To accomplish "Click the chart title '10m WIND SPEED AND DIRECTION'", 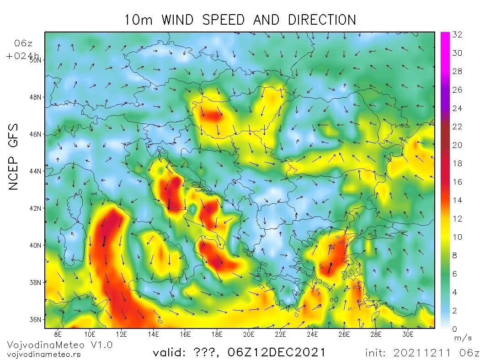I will (240, 20).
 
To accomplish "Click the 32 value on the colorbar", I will (457, 35).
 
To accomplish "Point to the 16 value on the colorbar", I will (457, 182).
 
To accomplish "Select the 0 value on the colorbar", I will (454, 329).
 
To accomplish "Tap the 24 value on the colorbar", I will (457, 108).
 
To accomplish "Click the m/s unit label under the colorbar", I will (459, 338).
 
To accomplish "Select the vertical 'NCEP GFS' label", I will (14, 156).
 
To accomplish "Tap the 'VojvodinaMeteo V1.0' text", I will (59, 345).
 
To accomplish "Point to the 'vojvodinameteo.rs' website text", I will (44, 354).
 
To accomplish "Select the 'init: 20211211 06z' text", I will (421, 353).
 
